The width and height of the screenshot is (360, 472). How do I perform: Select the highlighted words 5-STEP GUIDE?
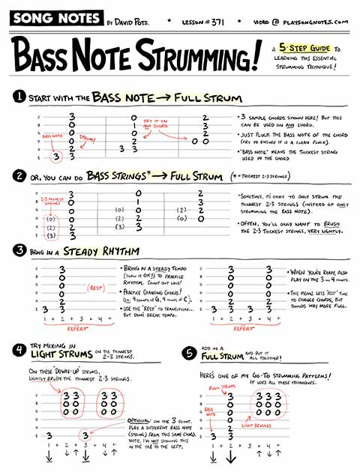tap(301, 49)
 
